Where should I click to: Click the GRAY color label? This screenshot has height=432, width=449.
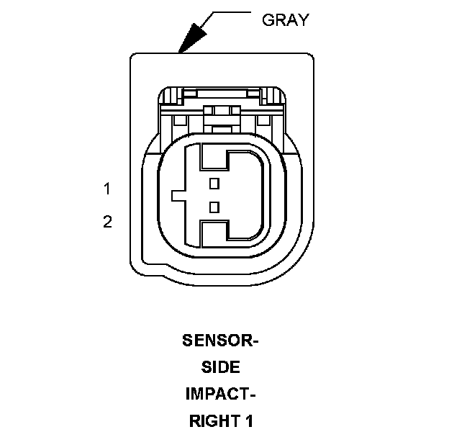click(286, 20)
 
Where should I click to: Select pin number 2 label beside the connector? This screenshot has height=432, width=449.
click(107, 222)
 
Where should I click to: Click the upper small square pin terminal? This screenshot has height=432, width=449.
click(213, 184)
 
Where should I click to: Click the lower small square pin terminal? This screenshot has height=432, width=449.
click(213, 207)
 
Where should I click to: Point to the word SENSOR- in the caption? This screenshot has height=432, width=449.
click(219, 341)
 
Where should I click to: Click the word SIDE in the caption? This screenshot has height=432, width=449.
click(220, 367)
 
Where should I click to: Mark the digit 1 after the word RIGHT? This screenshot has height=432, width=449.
click(248, 420)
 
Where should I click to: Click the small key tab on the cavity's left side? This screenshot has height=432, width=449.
click(178, 195)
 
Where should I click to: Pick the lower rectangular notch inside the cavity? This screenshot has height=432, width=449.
click(214, 232)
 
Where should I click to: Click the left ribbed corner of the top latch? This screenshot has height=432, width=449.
click(170, 95)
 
